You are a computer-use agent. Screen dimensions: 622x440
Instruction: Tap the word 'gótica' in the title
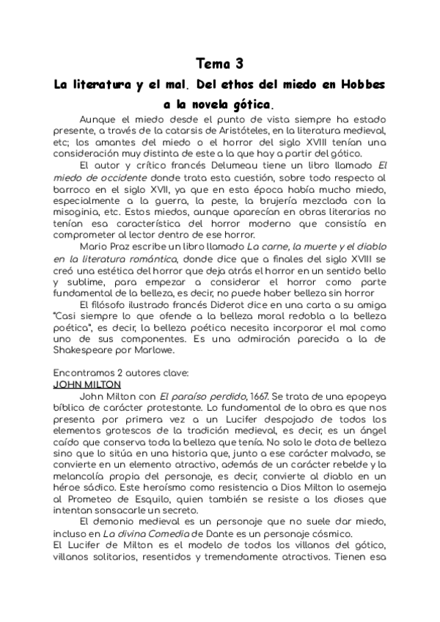pos(248,106)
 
